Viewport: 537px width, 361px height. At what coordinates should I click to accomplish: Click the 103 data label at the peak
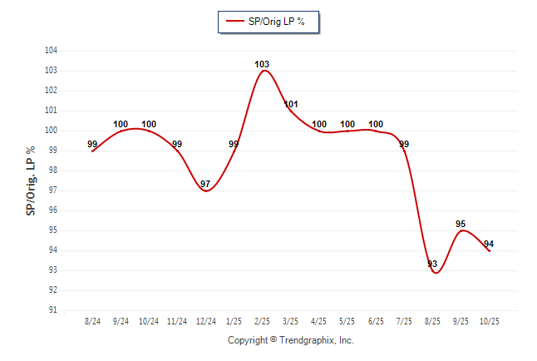pyautogui.click(x=262, y=64)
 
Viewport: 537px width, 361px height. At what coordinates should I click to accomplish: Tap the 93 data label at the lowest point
pyautogui.click(x=432, y=264)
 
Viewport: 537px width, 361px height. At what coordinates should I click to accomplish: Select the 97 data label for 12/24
pyautogui.click(x=205, y=184)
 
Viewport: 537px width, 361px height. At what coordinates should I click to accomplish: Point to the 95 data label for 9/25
pyautogui.click(x=461, y=224)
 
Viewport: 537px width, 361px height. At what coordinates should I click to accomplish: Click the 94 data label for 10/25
pyautogui.click(x=489, y=244)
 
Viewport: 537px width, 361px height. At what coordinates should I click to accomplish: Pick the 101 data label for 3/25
pyautogui.click(x=291, y=104)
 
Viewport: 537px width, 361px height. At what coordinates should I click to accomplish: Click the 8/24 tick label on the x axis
pyautogui.click(x=93, y=321)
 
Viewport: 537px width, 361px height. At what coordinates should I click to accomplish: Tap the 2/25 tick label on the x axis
pyautogui.click(x=263, y=321)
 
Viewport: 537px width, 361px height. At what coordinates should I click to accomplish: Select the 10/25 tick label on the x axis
pyautogui.click(x=489, y=321)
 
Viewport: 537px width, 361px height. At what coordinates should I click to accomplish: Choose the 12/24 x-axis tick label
pyautogui.click(x=206, y=321)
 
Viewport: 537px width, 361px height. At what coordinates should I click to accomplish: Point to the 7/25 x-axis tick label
pyautogui.click(x=404, y=321)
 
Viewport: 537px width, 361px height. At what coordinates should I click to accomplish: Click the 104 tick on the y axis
pyautogui.click(x=51, y=51)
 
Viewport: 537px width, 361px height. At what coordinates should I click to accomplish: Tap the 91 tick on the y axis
pyautogui.click(x=52, y=310)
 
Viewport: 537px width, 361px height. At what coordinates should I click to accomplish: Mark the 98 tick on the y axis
pyautogui.click(x=52, y=171)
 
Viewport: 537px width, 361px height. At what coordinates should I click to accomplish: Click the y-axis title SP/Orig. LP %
pyautogui.click(x=31, y=180)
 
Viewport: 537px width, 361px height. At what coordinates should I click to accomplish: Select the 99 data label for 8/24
pyautogui.click(x=93, y=144)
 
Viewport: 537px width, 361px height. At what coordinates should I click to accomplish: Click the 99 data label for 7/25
pyautogui.click(x=404, y=144)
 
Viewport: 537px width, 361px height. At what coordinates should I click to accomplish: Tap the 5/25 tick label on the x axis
pyautogui.click(x=347, y=321)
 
